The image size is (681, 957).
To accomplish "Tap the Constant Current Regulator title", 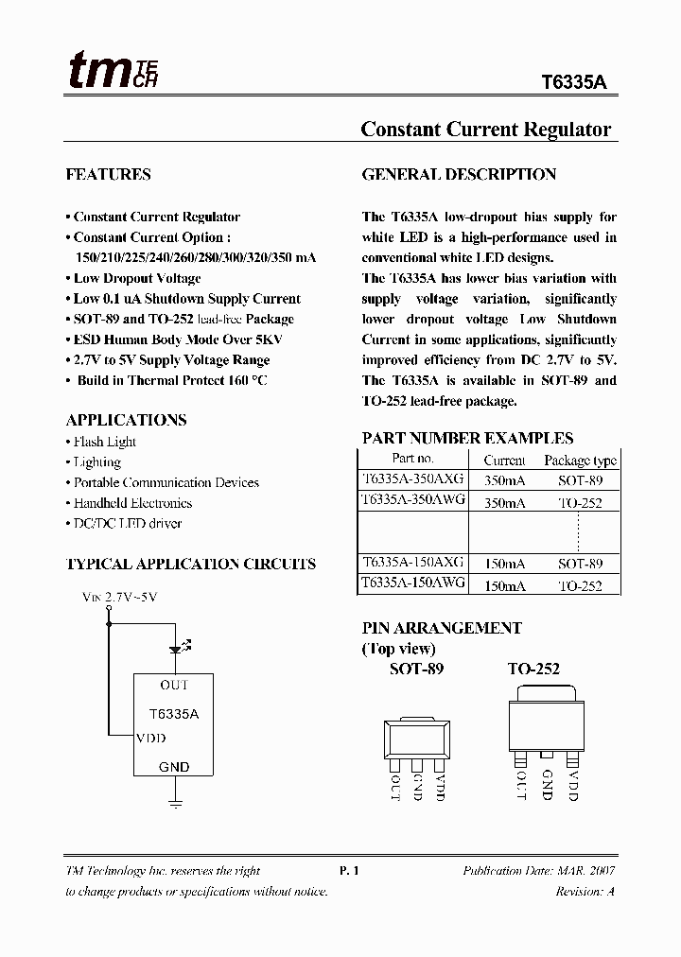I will point(485,130).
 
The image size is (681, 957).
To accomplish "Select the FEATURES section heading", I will point(108,174).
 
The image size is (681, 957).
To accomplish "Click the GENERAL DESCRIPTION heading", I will point(459,174).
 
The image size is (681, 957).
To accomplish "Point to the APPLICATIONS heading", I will point(126,420).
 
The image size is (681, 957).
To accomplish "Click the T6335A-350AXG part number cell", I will point(412,479).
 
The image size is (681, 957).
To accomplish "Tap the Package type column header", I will point(580,461).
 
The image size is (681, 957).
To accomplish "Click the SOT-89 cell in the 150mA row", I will point(580,564).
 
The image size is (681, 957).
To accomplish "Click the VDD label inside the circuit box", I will point(151,738).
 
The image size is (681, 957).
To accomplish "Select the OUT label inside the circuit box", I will point(174,685).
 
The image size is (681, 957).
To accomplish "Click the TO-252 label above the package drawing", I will point(533,669).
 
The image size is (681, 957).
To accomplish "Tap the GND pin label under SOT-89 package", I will point(417,787).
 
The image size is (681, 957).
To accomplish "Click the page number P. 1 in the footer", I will point(349,871).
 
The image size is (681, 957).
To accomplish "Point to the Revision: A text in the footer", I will point(585,892).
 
